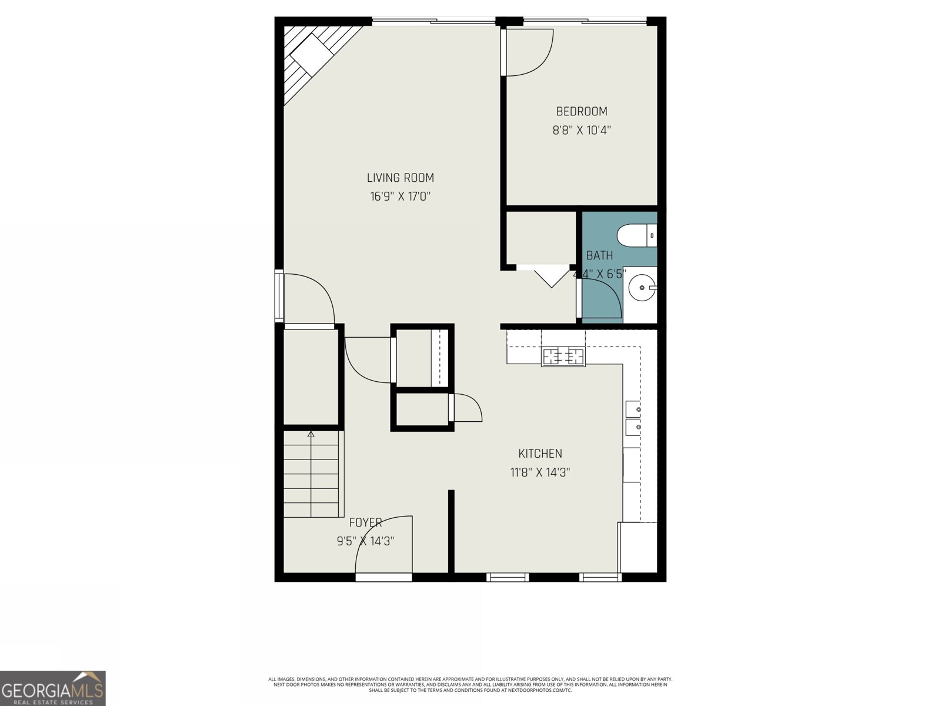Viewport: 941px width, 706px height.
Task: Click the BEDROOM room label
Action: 582,111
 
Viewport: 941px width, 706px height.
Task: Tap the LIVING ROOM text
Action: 400,178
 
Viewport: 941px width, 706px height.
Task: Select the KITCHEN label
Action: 540,454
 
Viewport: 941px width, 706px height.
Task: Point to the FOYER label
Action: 365,522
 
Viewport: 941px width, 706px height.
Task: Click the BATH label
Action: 599,255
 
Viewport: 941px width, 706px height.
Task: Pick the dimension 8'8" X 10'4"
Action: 582,130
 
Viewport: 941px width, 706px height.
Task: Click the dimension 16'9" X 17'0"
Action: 400,197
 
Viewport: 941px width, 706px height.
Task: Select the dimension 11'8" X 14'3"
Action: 540,472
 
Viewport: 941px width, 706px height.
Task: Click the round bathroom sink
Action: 640,288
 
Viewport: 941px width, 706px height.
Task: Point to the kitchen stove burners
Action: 563,356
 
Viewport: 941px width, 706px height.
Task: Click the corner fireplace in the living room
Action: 312,56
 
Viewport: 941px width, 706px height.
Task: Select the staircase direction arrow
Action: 311,435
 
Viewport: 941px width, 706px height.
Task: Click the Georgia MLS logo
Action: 53,688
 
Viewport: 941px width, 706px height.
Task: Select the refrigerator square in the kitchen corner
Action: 638,547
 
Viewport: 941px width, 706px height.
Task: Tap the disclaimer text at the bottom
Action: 470,684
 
